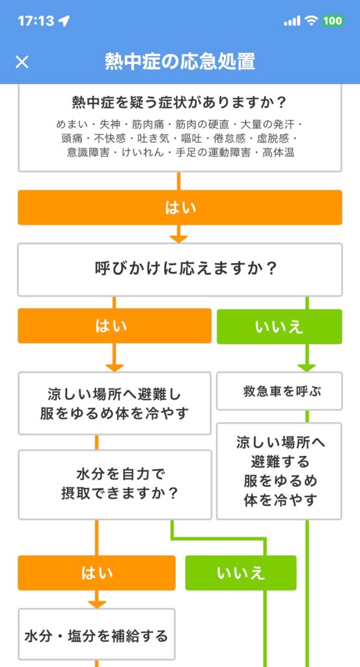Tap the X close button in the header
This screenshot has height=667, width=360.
[22, 62]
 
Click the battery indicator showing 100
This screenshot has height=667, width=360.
[333, 20]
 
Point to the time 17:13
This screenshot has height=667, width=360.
[36, 21]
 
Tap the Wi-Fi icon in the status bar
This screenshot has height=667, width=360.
[312, 20]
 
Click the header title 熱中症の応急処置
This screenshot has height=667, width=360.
[180, 62]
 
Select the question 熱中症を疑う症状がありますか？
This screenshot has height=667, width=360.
[180, 103]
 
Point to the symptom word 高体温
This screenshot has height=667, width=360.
[279, 152]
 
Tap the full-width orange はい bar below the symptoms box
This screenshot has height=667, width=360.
[180, 208]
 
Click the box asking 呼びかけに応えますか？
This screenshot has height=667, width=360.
[180, 270]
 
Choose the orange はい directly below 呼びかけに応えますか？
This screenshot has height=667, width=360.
[115, 326]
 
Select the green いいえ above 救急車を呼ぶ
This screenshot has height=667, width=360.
[279, 326]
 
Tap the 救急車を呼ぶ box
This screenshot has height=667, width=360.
[279, 391]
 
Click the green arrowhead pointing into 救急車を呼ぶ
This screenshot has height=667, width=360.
[307, 367]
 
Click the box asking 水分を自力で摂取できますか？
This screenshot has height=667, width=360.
[115, 485]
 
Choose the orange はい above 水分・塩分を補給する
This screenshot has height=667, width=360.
[96, 573]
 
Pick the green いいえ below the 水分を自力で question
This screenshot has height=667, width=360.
[241, 573]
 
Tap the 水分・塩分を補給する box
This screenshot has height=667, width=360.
[96, 636]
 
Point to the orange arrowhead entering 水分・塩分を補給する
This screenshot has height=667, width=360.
[97, 604]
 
